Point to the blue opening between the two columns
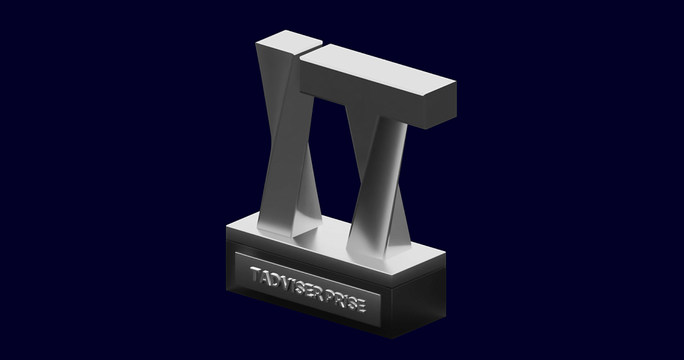330,152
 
